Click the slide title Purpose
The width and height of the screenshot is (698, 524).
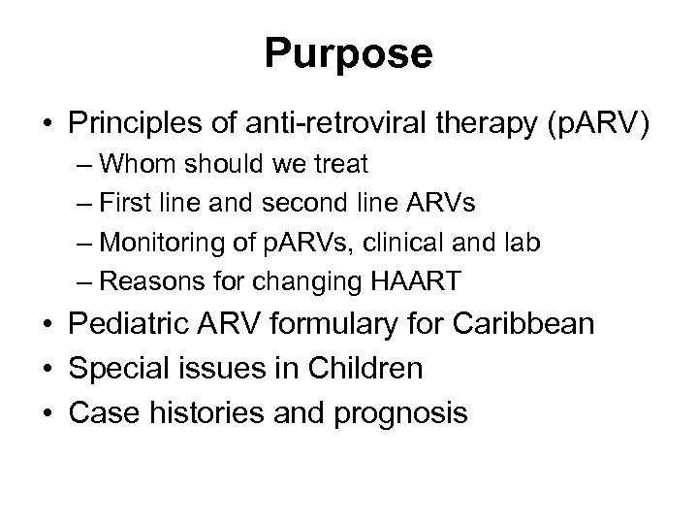tap(349, 54)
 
